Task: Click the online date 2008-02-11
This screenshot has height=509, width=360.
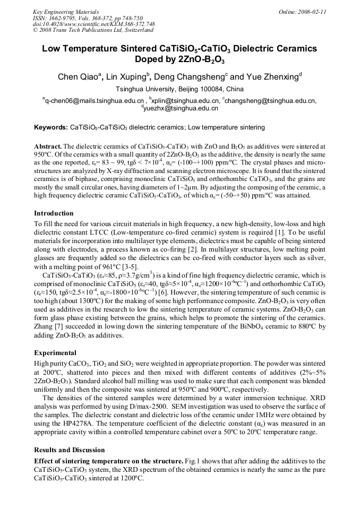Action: tap(310, 11)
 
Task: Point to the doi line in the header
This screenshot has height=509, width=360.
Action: tap(93, 24)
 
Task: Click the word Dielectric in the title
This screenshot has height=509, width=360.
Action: tap(258, 49)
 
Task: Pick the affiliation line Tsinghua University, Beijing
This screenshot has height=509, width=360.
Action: tap(179, 89)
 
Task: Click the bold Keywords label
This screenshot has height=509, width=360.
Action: tap(50, 128)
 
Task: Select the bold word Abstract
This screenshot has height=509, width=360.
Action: tap(48, 145)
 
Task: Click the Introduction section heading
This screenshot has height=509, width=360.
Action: tap(54, 213)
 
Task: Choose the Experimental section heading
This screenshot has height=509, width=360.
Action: tap(55, 352)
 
